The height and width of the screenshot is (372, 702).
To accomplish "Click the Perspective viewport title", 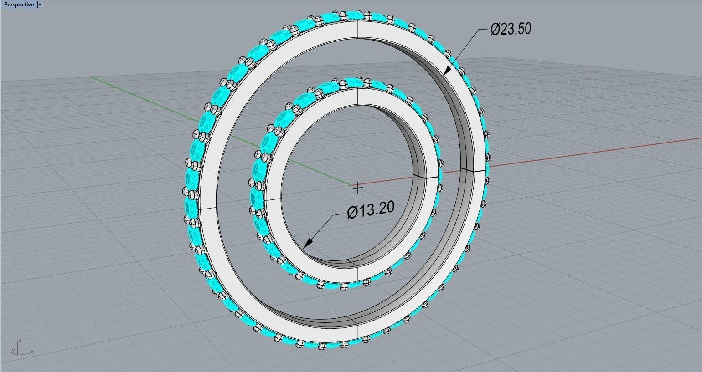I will click(x=18, y=5).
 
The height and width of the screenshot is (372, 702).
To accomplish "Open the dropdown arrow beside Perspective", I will click(x=40, y=5).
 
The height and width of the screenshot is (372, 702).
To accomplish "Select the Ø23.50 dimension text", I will click(x=511, y=29).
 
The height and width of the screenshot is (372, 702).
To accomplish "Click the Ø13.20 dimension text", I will click(x=370, y=210).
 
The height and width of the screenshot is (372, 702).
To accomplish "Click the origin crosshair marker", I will click(x=358, y=187).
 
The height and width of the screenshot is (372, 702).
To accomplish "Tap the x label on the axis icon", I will click(x=31, y=352).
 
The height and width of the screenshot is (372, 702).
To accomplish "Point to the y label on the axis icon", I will click(x=13, y=351).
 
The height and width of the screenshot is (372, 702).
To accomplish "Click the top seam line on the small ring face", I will click(x=357, y=96).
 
